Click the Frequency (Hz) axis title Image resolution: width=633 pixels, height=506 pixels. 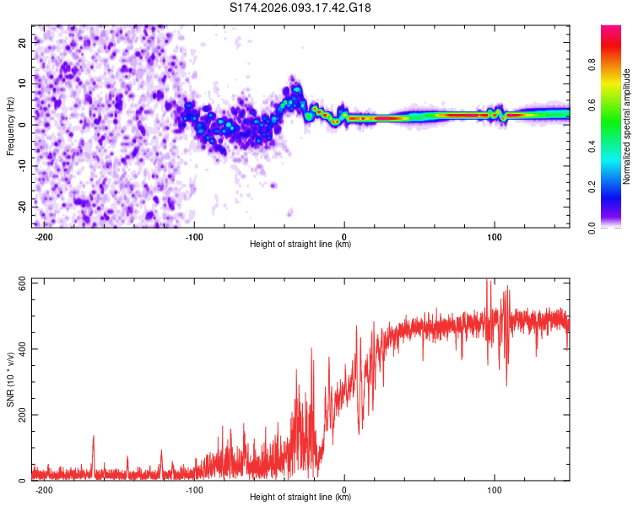(x=10, y=126)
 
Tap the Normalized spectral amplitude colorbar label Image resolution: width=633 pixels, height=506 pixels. (x=627, y=126)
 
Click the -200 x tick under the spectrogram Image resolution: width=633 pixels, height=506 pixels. (x=45, y=235)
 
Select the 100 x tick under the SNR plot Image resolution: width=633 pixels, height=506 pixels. (x=495, y=488)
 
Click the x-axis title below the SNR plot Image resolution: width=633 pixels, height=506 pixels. (x=300, y=498)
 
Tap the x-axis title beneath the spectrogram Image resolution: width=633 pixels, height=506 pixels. (x=300, y=245)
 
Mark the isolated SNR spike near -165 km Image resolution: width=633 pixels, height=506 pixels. (x=94, y=437)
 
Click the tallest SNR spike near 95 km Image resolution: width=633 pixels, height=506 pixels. (x=487, y=282)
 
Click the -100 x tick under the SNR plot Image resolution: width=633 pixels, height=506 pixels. (x=194, y=488)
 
